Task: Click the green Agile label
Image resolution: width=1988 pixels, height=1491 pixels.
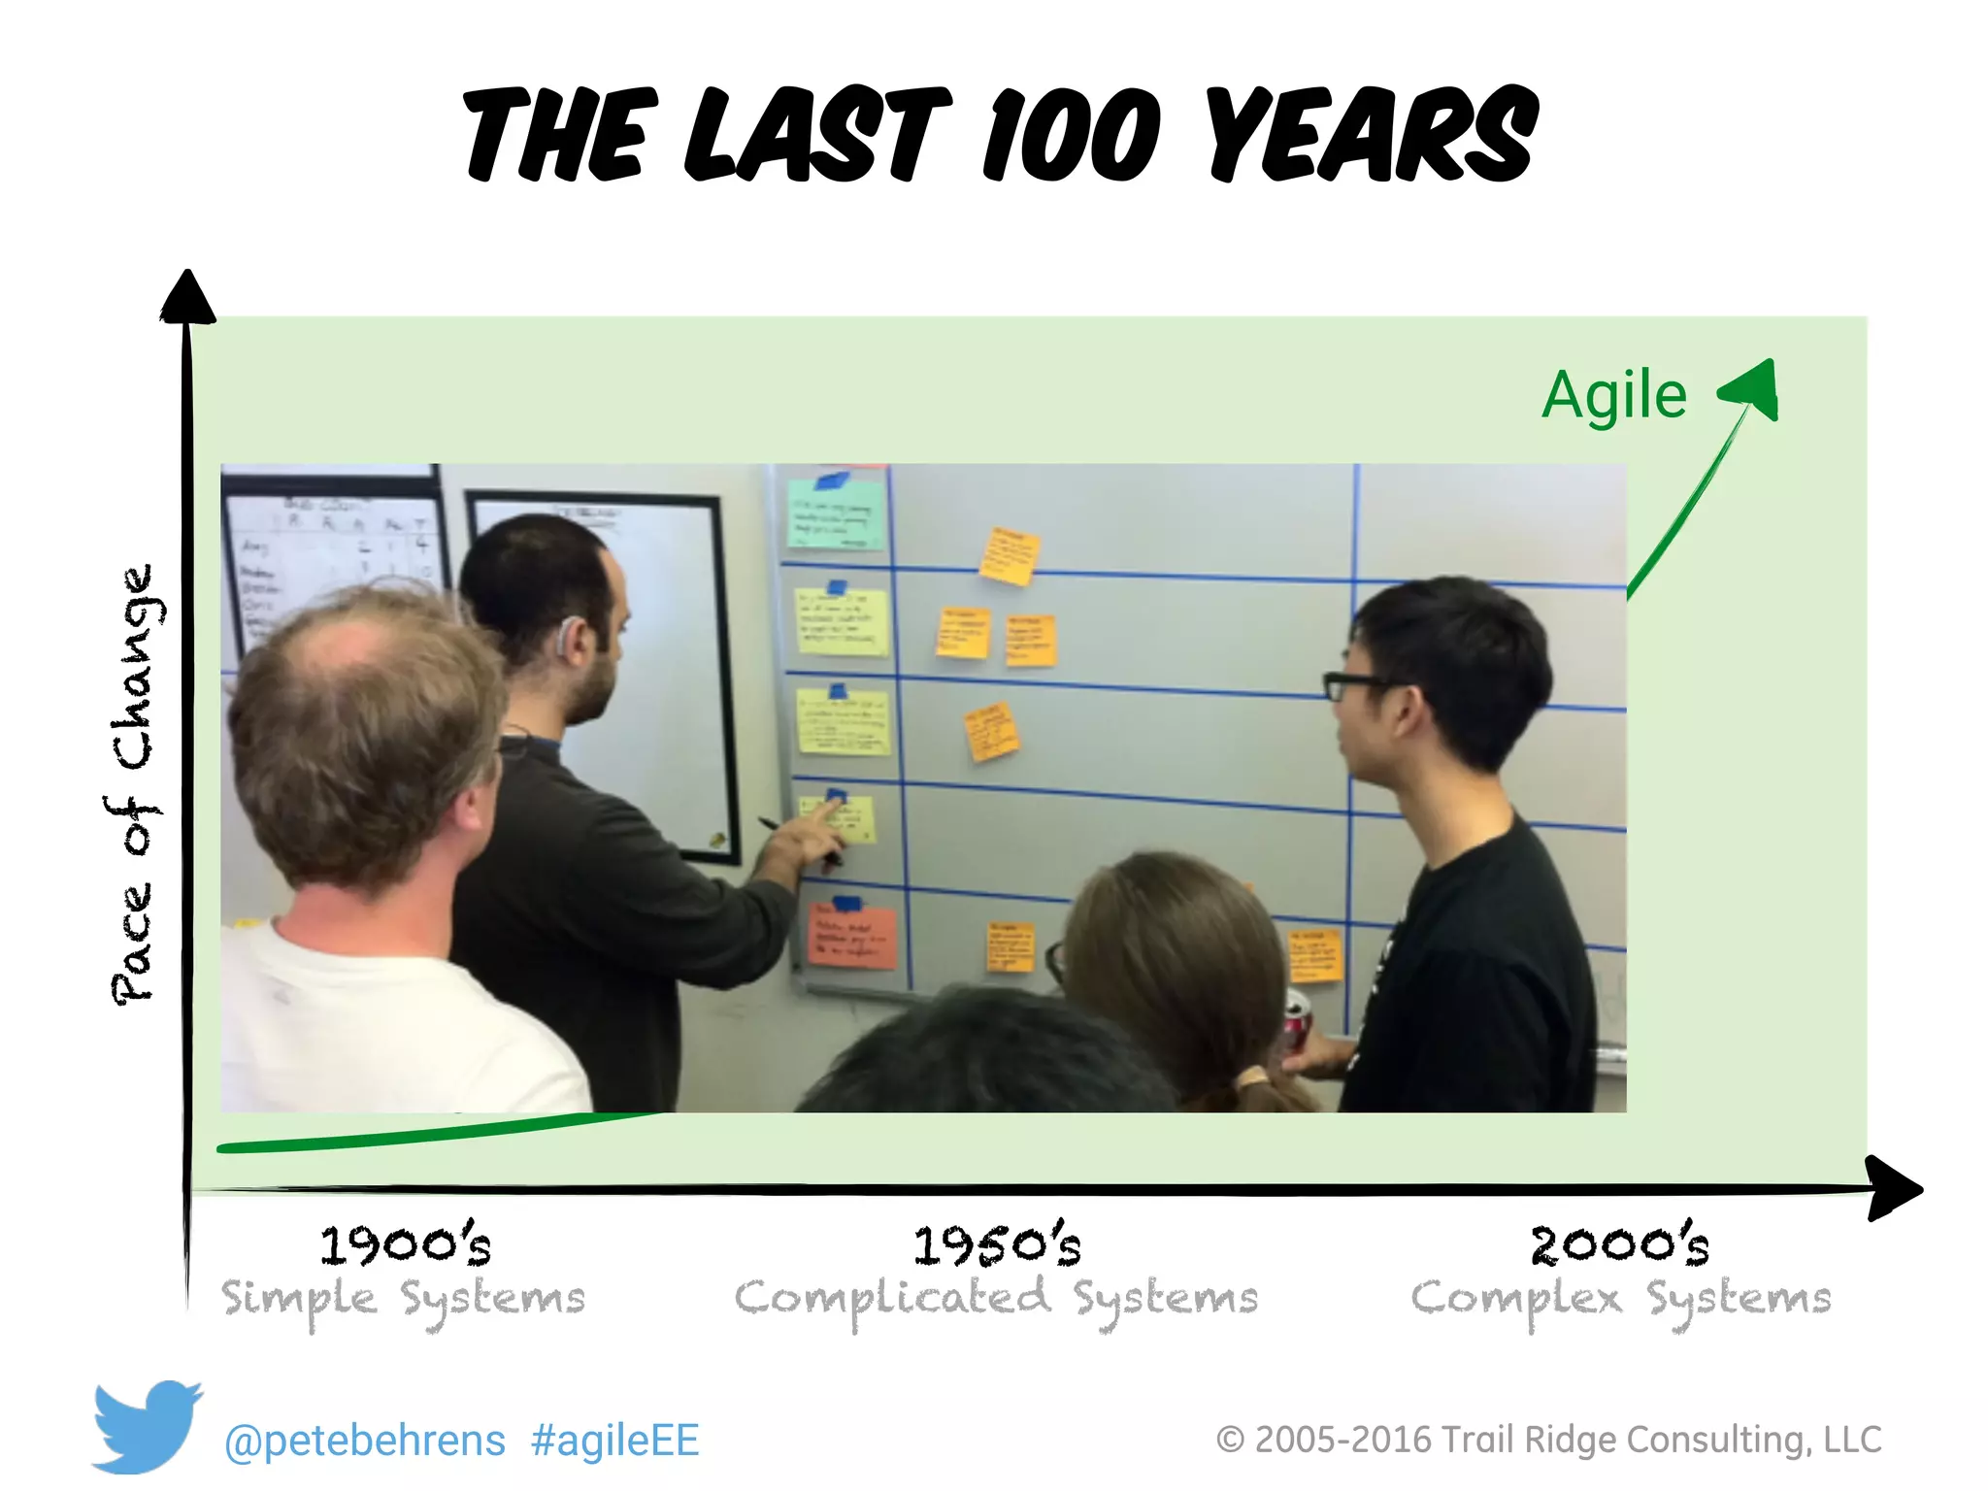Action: (1613, 396)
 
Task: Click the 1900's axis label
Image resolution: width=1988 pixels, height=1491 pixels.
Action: (406, 1245)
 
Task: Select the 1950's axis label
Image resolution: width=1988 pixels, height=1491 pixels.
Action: (996, 1245)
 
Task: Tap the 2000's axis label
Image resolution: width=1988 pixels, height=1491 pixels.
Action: (1619, 1245)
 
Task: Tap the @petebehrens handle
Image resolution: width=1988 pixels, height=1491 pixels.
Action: (364, 1441)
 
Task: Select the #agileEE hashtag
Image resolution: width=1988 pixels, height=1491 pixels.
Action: (614, 1441)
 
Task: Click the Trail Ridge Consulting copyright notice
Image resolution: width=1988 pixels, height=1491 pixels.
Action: (1548, 1440)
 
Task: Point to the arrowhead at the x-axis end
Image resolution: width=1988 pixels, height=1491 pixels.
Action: (1893, 1188)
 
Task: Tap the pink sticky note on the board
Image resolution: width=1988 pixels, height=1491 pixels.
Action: (851, 937)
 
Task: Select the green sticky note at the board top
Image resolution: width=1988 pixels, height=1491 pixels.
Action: (835, 514)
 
